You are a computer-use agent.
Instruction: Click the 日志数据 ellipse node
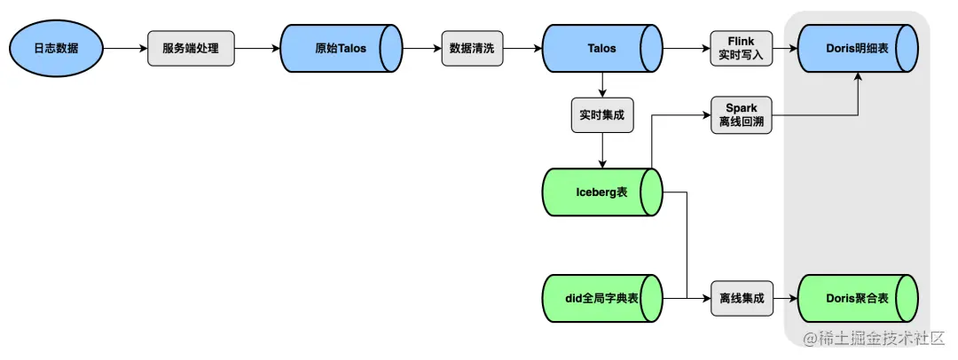coord(56,48)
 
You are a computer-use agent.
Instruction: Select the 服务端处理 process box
coord(190,48)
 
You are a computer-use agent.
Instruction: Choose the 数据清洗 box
coord(473,48)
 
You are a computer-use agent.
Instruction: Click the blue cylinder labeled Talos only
coord(602,48)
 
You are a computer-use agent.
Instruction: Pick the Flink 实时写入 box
coord(741,48)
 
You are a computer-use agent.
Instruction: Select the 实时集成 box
coord(602,114)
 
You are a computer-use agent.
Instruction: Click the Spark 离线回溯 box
coord(741,114)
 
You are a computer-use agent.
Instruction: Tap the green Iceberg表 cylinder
coord(602,191)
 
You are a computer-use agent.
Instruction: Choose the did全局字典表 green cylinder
coord(602,298)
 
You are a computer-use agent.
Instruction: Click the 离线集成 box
coord(741,298)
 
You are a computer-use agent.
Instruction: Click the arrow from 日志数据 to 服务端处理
coord(124,48)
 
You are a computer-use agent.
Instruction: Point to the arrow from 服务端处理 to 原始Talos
coord(257,48)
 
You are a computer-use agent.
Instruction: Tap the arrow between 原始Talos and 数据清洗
coord(421,48)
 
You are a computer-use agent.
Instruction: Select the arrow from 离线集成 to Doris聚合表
coord(784,298)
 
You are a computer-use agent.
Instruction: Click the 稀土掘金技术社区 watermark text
coord(875,340)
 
